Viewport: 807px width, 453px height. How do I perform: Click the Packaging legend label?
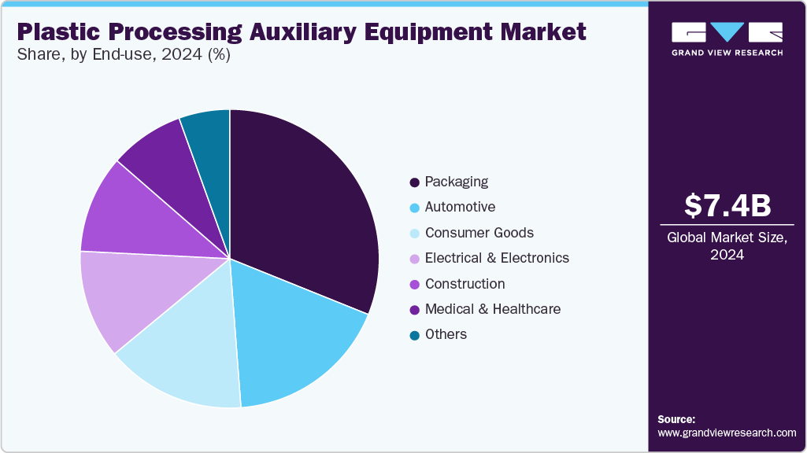click(456, 182)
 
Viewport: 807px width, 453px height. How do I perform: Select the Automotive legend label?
click(460, 207)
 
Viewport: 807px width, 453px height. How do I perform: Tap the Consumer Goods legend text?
click(479, 233)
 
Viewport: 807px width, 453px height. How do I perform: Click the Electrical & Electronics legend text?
click(496, 258)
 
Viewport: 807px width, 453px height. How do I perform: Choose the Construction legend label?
click(465, 284)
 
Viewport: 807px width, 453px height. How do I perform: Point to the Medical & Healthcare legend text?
click(492, 309)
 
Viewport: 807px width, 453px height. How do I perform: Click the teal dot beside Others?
click(414, 335)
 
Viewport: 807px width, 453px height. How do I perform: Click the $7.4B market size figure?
click(727, 205)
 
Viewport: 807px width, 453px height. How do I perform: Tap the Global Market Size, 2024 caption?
click(727, 246)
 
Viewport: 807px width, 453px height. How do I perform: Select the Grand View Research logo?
click(727, 39)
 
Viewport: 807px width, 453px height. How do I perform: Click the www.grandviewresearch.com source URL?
click(727, 433)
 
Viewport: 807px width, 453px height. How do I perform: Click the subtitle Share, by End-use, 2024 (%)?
click(124, 56)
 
